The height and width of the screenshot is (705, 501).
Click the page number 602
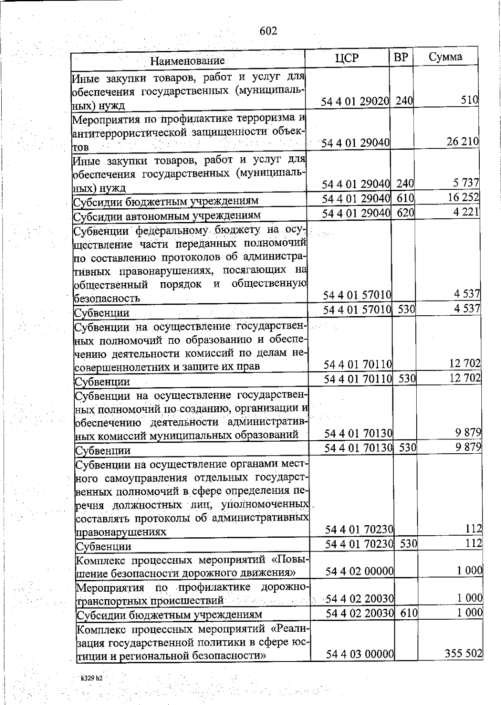[x=268, y=31]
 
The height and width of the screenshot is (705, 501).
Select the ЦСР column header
[x=347, y=58]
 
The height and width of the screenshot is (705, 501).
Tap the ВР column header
[x=401, y=57]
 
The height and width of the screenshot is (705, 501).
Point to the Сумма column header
[x=445, y=57]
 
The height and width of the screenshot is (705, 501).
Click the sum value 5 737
[x=466, y=183]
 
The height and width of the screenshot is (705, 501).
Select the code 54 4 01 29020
[x=355, y=101]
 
